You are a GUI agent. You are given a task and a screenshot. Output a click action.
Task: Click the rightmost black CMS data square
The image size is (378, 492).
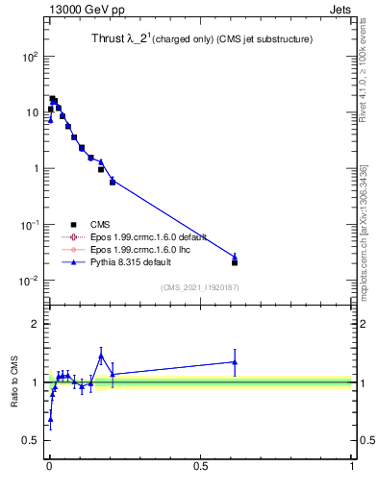point(235,261)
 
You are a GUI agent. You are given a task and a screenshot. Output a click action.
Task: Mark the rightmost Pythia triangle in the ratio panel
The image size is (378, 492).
point(235,362)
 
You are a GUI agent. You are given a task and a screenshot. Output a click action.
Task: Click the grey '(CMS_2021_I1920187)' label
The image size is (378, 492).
point(199,286)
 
